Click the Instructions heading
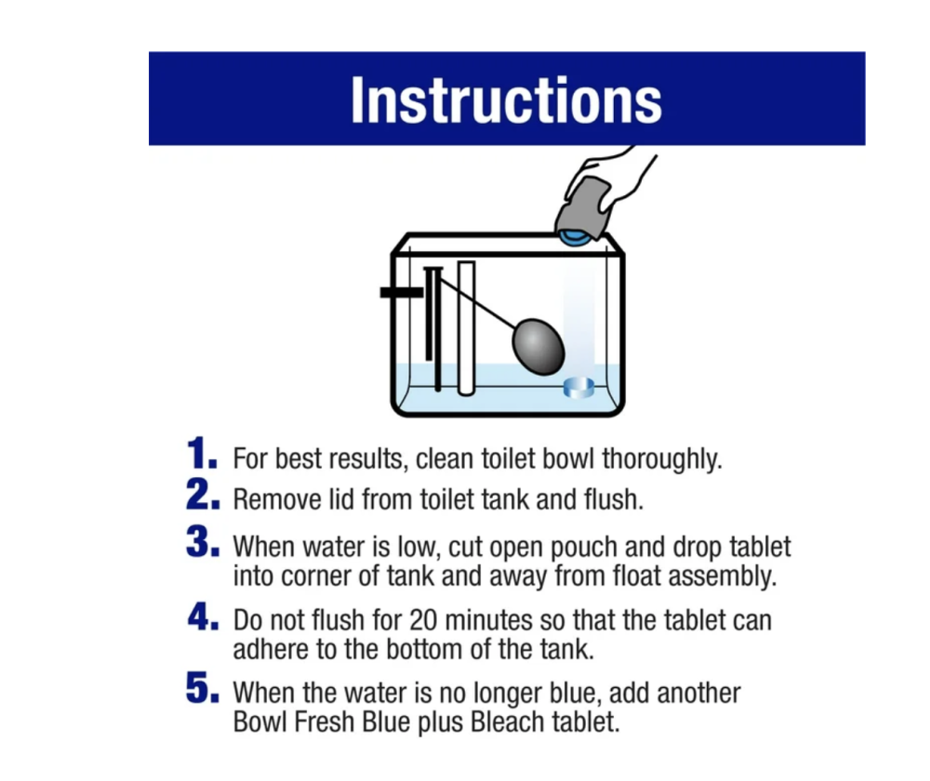pos(506,100)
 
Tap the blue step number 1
pos(201,454)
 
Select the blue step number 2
pos(202,495)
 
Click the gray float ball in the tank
pos(538,347)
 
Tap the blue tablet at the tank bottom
pos(578,387)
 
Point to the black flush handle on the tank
pos(402,292)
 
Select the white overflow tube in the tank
pos(466,328)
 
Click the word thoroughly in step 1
pos(662,459)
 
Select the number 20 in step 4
pos(423,620)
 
